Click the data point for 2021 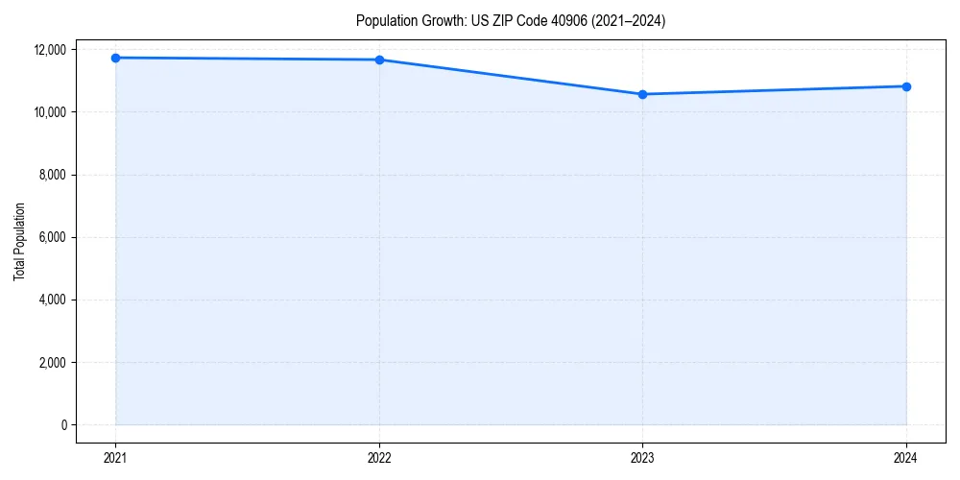point(115,58)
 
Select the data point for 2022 point(379,60)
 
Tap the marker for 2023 point(642,94)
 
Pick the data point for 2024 point(906,86)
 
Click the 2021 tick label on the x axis point(115,458)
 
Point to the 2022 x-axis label point(379,458)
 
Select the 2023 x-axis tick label point(642,458)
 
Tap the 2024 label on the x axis point(906,458)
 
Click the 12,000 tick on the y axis point(51,50)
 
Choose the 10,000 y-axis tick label point(51,112)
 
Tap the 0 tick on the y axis point(64,425)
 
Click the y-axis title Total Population point(19,241)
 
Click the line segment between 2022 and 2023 point(511,77)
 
